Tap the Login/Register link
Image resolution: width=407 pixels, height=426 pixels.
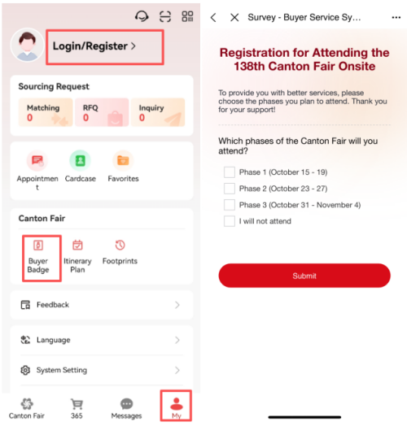[94, 46]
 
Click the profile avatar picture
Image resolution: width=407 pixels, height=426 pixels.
[27, 45]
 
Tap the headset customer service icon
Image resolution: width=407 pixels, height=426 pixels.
[142, 16]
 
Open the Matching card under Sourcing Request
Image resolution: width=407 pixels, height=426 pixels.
[46, 112]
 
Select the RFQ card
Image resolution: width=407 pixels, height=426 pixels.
[102, 112]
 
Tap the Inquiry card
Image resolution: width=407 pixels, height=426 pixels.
[158, 112]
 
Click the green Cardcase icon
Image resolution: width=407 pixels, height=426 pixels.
[80, 161]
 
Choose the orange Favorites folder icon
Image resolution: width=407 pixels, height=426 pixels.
[123, 161]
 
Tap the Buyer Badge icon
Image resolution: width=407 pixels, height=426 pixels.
[38, 245]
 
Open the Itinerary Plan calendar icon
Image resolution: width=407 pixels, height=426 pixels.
[77, 245]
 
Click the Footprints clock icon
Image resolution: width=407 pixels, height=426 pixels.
[120, 245]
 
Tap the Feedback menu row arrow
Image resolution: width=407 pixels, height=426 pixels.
[177, 305]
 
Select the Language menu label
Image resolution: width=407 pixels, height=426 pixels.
[54, 340]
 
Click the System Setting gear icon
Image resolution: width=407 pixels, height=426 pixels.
[25, 370]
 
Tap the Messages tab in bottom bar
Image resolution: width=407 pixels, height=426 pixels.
[126, 409]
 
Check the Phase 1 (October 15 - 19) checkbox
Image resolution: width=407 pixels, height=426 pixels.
[230, 172]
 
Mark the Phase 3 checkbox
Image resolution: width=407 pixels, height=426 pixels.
[230, 205]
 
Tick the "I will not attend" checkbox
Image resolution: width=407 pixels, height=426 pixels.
[230, 221]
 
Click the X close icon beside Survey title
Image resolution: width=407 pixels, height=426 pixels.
[234, 18]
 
